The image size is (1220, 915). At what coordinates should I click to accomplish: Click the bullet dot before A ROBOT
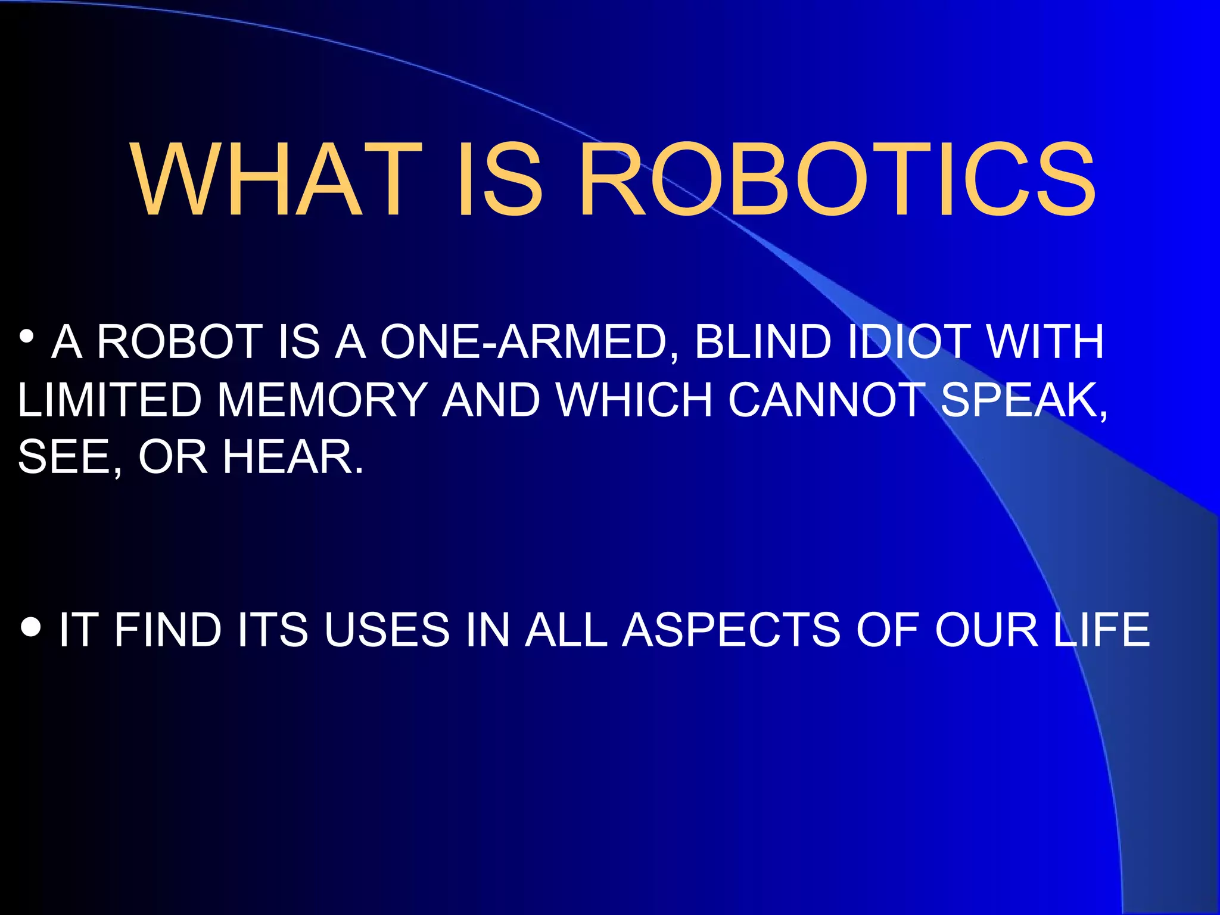(x=26, y=337)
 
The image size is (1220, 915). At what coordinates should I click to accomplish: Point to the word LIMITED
(x=110, y=400)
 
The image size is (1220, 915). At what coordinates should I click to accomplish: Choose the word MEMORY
(x=322, y=400)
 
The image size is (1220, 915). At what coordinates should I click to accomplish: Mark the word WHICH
(x=634, y=400)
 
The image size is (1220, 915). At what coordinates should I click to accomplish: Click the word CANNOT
(x=826, y=400)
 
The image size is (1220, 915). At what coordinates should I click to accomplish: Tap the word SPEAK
(x=1020, y=400)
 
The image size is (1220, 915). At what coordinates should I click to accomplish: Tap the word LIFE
(x=1101, y=630)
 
